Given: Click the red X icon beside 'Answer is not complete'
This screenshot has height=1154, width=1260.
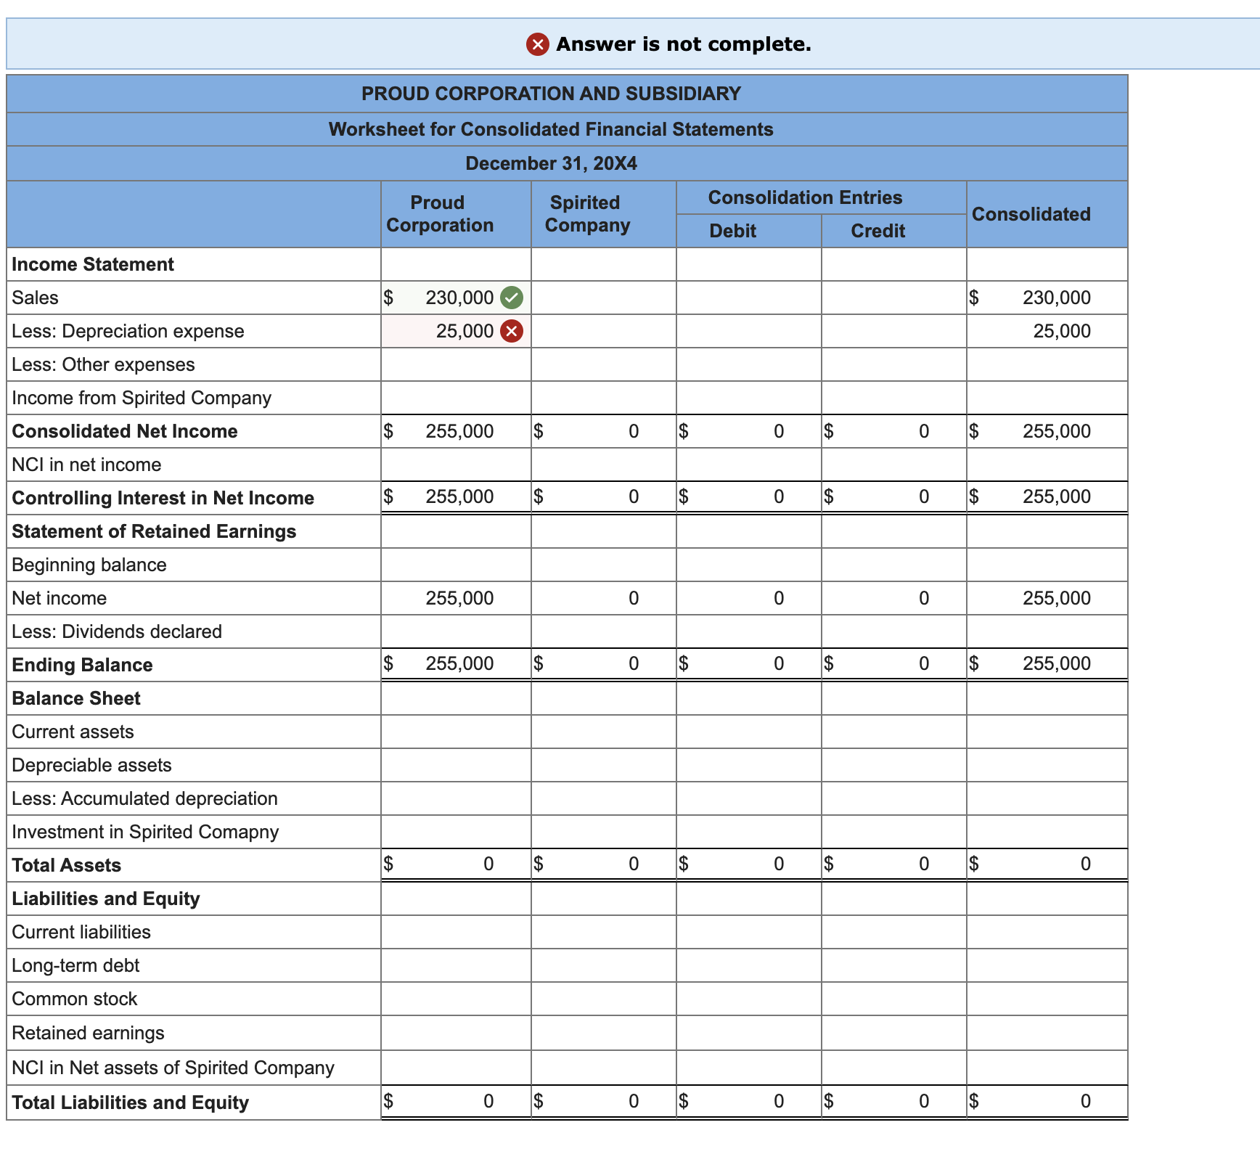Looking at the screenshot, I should point(537,45).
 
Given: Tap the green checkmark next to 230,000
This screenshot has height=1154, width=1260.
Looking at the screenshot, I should point(512,298).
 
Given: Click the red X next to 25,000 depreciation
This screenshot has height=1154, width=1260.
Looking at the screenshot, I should point(512,332).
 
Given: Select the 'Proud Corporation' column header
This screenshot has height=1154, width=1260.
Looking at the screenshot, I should point(439,214).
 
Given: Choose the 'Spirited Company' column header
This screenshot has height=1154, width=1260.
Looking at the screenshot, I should point(586,214).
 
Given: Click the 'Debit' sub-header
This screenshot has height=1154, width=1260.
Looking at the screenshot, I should point(732,231).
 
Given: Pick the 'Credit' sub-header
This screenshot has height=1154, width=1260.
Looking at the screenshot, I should point(877,231).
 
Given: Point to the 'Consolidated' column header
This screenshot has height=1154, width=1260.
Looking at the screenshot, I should point(1031,214).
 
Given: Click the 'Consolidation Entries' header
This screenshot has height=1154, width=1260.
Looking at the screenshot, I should point(805,197).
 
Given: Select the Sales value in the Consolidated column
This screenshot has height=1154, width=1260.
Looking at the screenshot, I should point(1056,298).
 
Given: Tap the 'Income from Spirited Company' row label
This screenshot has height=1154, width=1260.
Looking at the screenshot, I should point(142,398).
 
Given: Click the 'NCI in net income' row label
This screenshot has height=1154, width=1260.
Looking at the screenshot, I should point(87,465).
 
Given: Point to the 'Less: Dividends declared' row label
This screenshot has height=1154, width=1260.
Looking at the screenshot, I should point(117,631).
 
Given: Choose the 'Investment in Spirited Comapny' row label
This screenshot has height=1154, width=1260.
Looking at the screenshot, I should point(145,832).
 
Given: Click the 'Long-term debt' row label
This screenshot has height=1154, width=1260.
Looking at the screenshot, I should point(75,965).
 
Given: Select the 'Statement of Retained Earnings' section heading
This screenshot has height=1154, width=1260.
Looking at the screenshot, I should point(154,531).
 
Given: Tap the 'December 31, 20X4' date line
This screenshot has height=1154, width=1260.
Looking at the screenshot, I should point(551,163).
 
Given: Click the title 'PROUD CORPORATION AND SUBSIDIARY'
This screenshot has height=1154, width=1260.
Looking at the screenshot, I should point(551,94).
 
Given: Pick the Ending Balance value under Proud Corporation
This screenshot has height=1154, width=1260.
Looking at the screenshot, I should point(459,664).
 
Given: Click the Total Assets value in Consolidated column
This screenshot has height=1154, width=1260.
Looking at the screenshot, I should point(1084,864).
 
